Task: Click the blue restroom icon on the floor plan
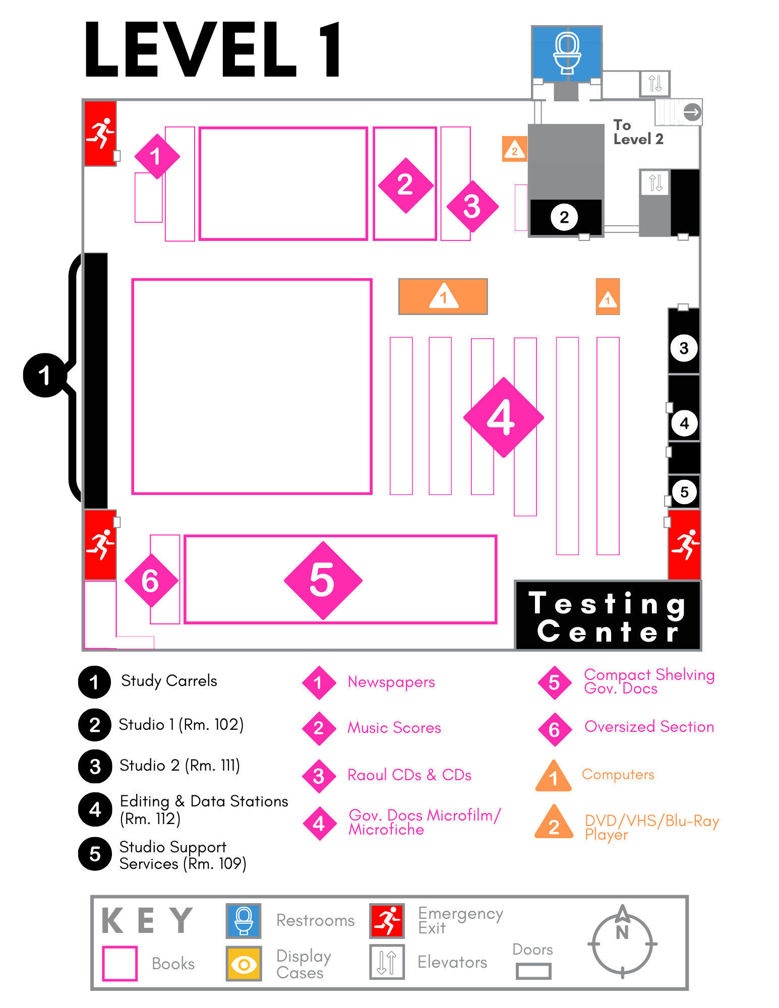click(x=567, y=53)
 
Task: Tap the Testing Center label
click(x=608, y=616)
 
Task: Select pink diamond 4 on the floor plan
click(x=503, y=417)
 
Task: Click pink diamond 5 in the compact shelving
click(x=323, y=580)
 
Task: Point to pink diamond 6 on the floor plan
click(x=151, y=581)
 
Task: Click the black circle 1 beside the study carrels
click(x=45, y=375)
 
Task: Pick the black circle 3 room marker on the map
click(x=684, y=348)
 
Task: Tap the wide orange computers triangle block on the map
click(x=443, y=296)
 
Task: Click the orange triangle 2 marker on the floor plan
click(x=514, y=149)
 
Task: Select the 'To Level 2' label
click(x=638, y=132)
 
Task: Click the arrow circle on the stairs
click(x=692, y=112)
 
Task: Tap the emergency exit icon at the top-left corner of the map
click(x=100, y=134)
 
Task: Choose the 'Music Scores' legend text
click(x=394, y=728)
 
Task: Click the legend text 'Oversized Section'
click(x=649, y=727)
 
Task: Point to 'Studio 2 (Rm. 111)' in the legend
click(x=179, y=766)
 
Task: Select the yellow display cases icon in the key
click(x=244, y=964)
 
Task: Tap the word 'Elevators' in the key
click(x=452, y=962)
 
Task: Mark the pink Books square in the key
click(x=119, y=964)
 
